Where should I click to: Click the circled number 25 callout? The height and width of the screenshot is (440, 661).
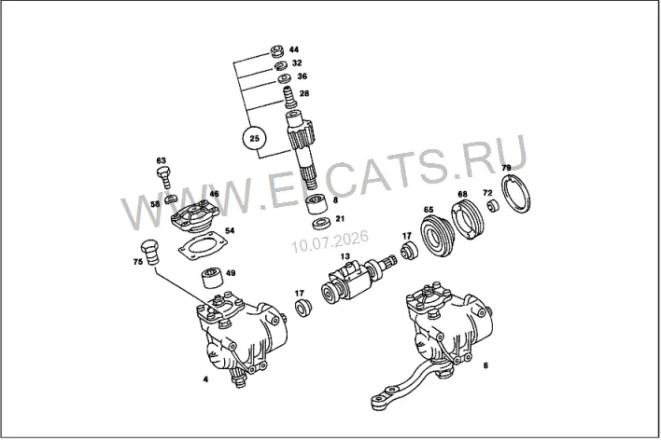(255, 138)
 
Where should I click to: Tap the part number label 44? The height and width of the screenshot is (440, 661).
(294, 49)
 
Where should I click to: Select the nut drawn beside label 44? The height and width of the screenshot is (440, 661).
(277, 51)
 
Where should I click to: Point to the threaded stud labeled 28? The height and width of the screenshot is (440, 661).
(289, 97)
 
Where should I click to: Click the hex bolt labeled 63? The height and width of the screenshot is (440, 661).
(164, 177)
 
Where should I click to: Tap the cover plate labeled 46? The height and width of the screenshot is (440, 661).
(195, 217)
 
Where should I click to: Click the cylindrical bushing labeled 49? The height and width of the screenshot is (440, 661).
(211, 278)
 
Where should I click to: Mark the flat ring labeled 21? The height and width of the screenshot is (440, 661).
(321, 223)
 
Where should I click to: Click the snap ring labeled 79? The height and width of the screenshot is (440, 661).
(515, 195)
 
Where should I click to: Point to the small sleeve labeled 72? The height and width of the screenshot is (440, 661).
(493, 206)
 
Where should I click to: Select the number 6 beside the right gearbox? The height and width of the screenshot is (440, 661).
(485, 365)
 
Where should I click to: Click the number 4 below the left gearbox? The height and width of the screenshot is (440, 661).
(205, 379)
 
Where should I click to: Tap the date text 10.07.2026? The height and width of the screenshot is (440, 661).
(330, 241)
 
